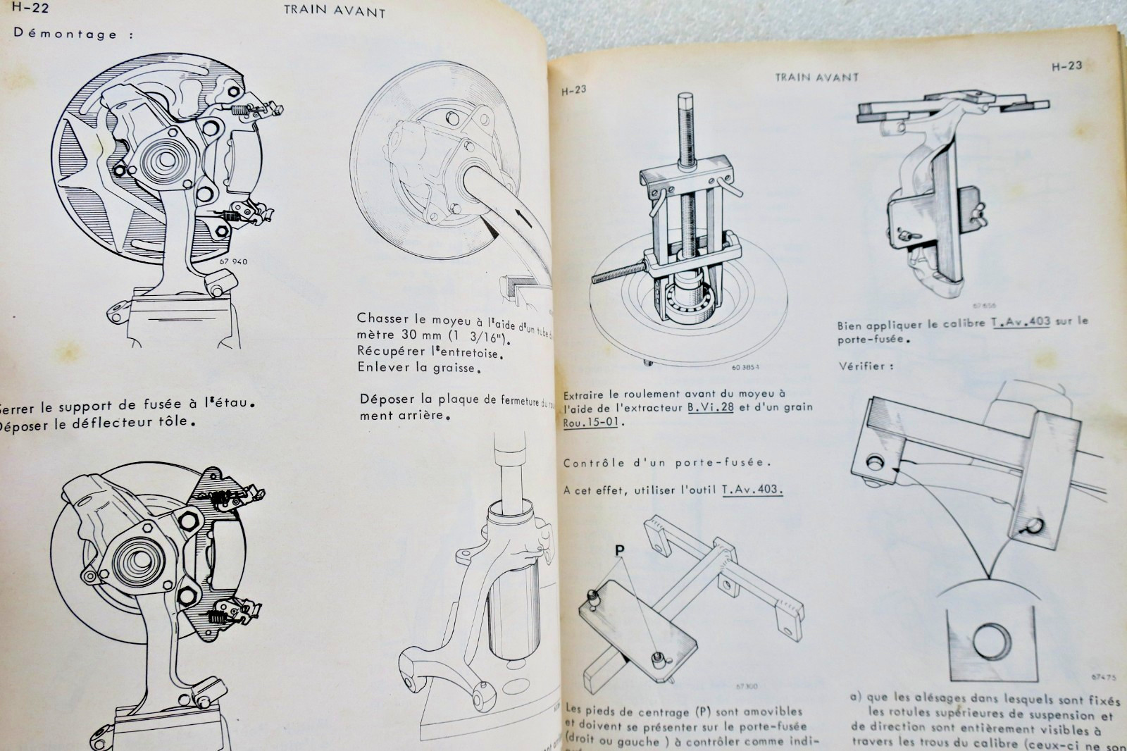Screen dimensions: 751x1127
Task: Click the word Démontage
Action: [65, 33]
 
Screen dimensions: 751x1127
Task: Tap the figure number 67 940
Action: [233, 262]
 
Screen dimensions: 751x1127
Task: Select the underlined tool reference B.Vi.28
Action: [710, 408]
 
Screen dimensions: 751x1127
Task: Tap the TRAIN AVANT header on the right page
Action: [816, 77]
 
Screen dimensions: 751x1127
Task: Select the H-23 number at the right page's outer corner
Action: [1066, 66]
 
